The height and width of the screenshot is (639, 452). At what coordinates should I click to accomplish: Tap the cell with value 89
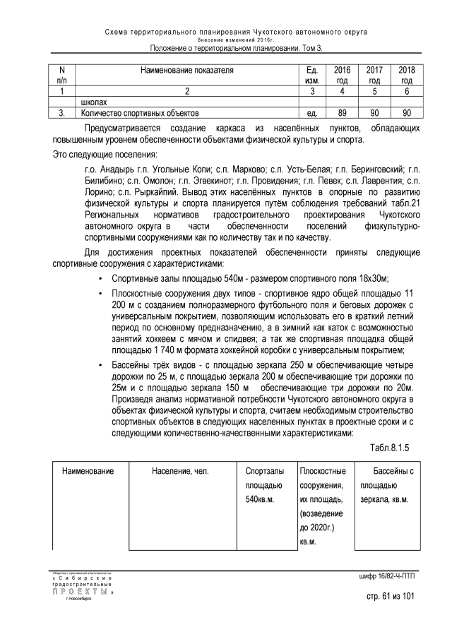(x=342, y=113)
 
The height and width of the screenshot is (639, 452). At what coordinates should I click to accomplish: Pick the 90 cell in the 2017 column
(x=374, y=113)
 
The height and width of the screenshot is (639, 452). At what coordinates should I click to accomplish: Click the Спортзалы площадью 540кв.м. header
(x=265, y=485)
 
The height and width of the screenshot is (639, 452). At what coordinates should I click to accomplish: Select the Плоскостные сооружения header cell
(x=323, y=477)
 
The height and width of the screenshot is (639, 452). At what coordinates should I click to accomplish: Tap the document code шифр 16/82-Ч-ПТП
(x=388, y=578)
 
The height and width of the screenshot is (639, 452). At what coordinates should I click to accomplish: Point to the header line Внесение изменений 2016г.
(x=225, y=40)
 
